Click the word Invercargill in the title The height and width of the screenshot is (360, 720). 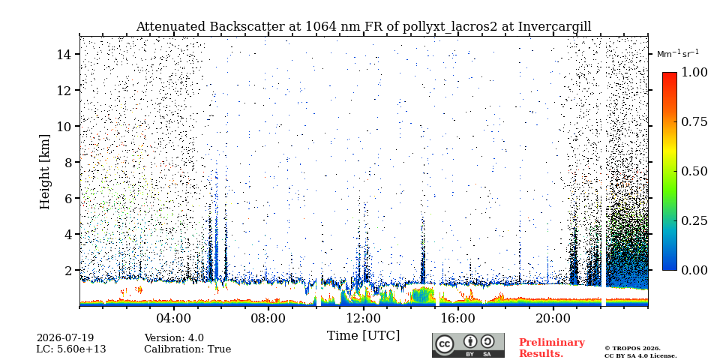click(555, 27)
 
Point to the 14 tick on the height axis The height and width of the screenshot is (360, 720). click(64, 54)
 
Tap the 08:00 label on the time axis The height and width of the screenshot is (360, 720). click(268, 318)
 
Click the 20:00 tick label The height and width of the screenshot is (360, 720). click(553, 318)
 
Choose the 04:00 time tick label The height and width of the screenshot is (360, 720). click(174, 318)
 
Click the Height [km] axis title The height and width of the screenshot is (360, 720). click(44, 172)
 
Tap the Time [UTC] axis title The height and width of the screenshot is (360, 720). click(363, 336)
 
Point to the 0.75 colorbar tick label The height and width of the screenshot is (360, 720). click(693, 121)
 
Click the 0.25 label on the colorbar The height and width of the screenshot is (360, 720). click(693, 220)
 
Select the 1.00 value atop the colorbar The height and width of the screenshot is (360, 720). click(693, 72)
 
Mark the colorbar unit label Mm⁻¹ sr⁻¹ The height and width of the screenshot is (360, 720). click(678, 54)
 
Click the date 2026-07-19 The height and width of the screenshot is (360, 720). click(65, 338)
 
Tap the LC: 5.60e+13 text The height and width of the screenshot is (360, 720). click(71, 349)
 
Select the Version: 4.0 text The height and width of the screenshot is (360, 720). click(174, 338)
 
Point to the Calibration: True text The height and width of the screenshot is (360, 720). click(187, 349)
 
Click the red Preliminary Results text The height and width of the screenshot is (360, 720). click(552, 348)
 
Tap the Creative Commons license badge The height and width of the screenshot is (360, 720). click(468, 345)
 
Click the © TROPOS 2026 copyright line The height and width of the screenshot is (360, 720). click(632, 349)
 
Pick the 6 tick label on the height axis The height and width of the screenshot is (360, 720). click(68, 198)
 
